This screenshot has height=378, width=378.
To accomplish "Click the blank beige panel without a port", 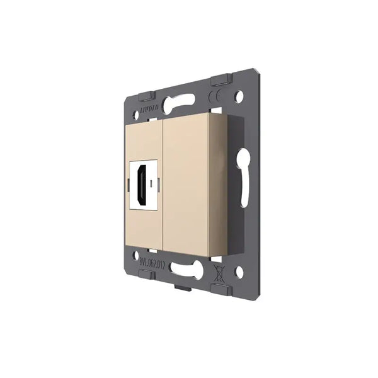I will pyautogui.click(x=186, y=183).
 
